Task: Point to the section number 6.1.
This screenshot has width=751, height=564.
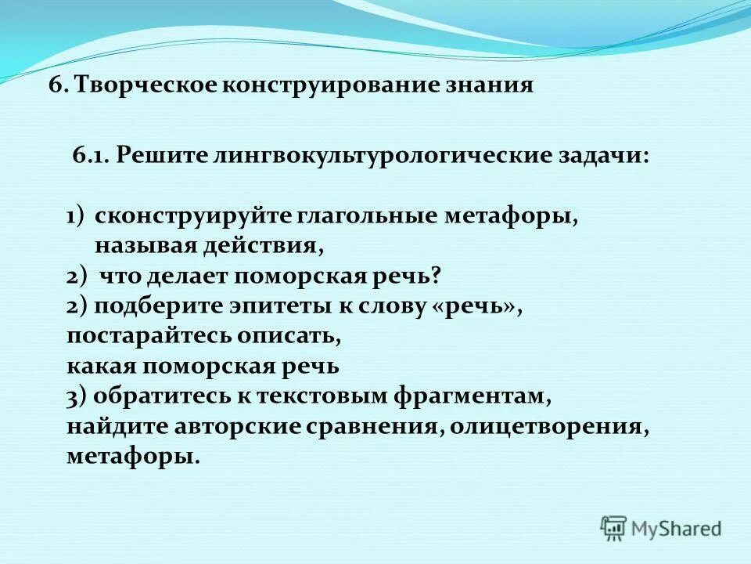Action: click(91, 155)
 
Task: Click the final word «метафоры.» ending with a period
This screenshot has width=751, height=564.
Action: click(133, 457)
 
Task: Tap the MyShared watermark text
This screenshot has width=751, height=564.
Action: click(677, 528)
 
